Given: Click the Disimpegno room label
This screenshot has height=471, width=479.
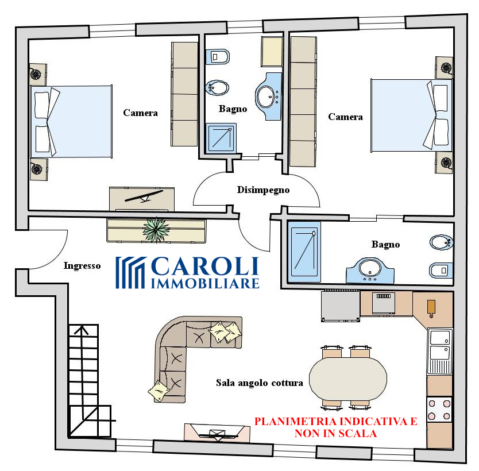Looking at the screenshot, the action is point(263,190).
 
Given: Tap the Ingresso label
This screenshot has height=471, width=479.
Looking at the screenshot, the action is point(82,266).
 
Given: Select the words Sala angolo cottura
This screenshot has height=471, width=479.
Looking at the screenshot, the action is point(260,383).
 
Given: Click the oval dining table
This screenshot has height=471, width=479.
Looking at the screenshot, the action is point(348,379).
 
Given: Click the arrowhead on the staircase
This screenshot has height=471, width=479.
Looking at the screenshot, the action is point(81,330).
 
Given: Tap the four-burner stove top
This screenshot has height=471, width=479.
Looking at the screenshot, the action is point(439,410).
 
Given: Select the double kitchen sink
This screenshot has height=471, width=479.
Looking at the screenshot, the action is point(439,352).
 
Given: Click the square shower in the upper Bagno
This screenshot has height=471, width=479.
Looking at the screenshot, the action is point(221,138).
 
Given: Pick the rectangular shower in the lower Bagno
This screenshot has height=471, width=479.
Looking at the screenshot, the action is point(304,252).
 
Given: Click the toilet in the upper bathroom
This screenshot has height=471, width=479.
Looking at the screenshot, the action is point(218,56).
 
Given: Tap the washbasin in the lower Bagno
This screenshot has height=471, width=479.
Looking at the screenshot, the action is point(370,271).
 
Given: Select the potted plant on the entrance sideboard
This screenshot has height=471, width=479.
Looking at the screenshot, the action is point(156,229).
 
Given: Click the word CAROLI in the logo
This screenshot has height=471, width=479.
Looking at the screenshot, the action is point(205,267).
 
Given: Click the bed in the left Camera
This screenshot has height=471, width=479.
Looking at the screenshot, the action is point(71,121).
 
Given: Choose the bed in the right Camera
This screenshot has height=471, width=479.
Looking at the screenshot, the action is point(411,115).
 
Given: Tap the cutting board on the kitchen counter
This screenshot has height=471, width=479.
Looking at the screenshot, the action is point(431,308).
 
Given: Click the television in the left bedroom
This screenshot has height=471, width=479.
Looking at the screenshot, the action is point(144,196).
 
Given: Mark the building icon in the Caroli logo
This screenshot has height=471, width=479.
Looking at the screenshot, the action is point(130,272).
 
